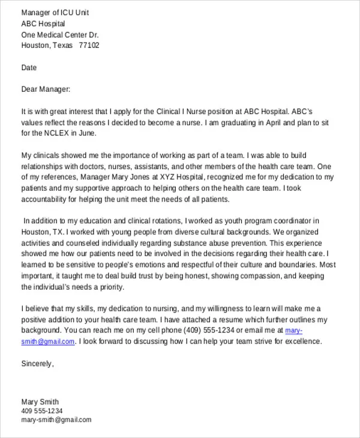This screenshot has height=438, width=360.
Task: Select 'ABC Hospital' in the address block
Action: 44,23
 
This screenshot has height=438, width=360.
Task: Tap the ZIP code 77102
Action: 89,46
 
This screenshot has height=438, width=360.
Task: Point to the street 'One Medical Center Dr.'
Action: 60,35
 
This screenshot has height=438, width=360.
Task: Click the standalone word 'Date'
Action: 29,68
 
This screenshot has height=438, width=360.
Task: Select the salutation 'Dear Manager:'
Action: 46,89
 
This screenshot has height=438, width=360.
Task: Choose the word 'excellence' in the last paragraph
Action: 304,341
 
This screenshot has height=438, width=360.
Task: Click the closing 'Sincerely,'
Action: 38,364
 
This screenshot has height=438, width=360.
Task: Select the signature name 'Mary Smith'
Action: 40,401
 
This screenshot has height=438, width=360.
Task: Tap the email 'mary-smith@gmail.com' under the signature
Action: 56,420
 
